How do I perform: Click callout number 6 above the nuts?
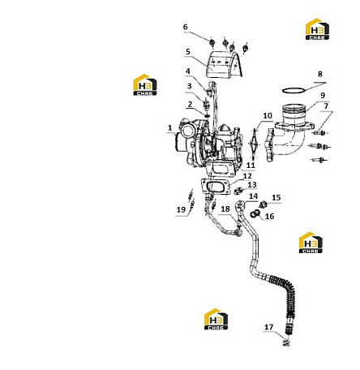click(185, 27)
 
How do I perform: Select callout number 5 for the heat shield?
click(188, 52)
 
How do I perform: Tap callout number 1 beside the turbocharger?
click(169, 127)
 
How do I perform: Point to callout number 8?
click(320, 74)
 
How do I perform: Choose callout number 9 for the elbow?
click(323, 95)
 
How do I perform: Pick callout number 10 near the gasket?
click(268, 116)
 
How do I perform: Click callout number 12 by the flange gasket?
click(247, 176)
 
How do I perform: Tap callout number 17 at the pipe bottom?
click(268, 327)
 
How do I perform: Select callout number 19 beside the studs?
click(181, 209)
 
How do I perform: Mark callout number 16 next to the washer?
click(269, 217)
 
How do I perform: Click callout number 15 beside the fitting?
click(276, 198)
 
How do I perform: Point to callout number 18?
click(225, 209)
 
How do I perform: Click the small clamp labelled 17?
click(287, 343)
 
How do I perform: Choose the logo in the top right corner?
click(317, 29)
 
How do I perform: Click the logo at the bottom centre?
click(216, 319)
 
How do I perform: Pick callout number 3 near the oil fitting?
click(189, 86)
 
